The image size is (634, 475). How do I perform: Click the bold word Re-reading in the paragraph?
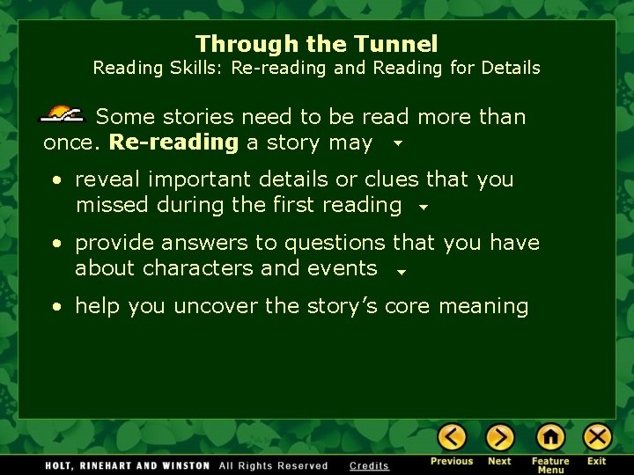click(x=173, y=142)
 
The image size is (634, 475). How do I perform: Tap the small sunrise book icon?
click(x=62, y=114)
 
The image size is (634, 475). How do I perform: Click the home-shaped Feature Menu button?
click(x=550, y=437)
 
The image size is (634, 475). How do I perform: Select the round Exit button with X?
click(x=597, y=437)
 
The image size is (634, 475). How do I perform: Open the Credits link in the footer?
click(x=369, y=465)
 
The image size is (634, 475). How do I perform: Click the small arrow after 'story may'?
click(x=398, y=142)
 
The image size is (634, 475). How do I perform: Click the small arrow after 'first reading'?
click(x=423, y=208)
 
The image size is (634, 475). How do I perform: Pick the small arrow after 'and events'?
click(x=400, y=272)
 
